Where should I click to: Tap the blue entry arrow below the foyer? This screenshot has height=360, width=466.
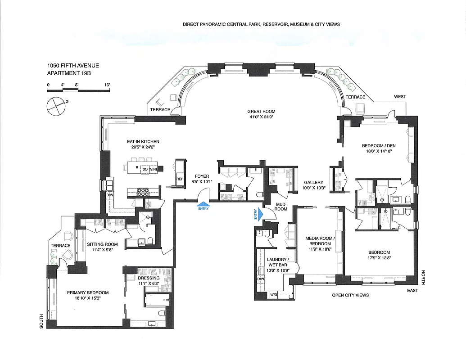[203, 205]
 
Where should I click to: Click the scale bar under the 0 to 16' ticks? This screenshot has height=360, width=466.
[78, 90]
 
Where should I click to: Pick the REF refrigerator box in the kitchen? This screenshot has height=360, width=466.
[180, 179]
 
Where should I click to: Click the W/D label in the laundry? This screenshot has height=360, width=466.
[274, 295]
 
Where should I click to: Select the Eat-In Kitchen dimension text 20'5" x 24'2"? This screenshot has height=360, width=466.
[143, 147]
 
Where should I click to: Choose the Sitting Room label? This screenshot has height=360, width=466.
[102, 245]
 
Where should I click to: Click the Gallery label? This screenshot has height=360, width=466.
[313, 182]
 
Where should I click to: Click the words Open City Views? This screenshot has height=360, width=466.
[350, 295]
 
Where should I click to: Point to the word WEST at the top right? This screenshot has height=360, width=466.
[399, 97]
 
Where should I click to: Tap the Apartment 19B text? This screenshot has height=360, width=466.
[69, 73]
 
